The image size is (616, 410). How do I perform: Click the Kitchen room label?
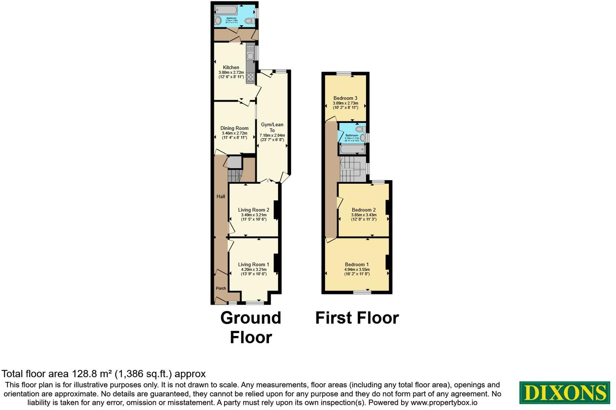coord(231,68)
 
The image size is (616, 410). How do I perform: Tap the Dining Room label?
coord(234,128)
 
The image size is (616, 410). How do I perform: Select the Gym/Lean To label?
coord(272,127)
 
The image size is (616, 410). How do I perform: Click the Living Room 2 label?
coord(253,210)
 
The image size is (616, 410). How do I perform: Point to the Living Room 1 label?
coord(253,264)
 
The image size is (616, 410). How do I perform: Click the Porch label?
coord(221,288)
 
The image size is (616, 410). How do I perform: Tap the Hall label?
coord(221,197)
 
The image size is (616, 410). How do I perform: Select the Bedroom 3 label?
coord(345,98)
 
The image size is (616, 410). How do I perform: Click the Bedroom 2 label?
coord(364,210)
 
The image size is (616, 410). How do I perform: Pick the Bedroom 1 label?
coord(357,264)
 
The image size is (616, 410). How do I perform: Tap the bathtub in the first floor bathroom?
coord(352,149)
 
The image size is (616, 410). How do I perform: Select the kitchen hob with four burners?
coord(250,77)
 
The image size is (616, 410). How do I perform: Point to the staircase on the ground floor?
coord(234,175)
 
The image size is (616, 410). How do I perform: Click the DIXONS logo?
coord(564,392)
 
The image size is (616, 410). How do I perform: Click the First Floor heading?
coord(357,318)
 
